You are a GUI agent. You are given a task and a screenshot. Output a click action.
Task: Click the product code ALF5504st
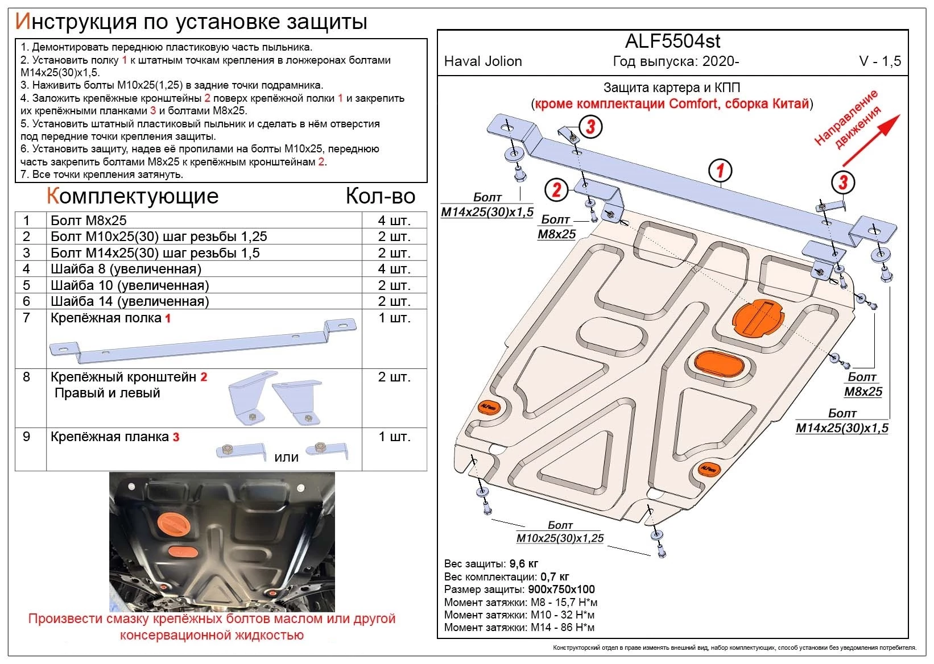click(672, 41)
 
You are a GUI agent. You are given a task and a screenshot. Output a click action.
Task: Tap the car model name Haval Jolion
click(483, 61)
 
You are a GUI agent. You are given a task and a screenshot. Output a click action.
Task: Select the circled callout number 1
click(720, 170)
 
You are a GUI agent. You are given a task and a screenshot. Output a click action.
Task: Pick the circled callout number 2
click(556, 189)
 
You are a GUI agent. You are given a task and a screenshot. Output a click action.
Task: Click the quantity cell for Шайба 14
click(394, 301)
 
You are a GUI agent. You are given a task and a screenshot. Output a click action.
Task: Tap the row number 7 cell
click(27, 318)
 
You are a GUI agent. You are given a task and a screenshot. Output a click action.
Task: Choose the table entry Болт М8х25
click(89, 221)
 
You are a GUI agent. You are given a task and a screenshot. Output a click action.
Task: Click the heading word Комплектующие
click(133, 196)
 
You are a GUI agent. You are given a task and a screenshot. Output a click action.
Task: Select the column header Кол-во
click(381, 196)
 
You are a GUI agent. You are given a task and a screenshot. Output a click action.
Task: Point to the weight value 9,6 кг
click(524, 564)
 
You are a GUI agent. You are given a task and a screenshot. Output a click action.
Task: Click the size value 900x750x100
click(561, 590)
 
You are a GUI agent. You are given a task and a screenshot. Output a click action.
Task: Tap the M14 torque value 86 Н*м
click(580, 628)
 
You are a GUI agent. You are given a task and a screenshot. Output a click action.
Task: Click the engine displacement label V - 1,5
click(879, 61)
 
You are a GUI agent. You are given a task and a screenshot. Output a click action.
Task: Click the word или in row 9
click(286, 457)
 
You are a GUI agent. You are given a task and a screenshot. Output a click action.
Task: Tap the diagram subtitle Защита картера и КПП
click(671, 88)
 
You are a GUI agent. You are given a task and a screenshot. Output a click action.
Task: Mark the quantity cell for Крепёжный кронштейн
click(394, 377)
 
